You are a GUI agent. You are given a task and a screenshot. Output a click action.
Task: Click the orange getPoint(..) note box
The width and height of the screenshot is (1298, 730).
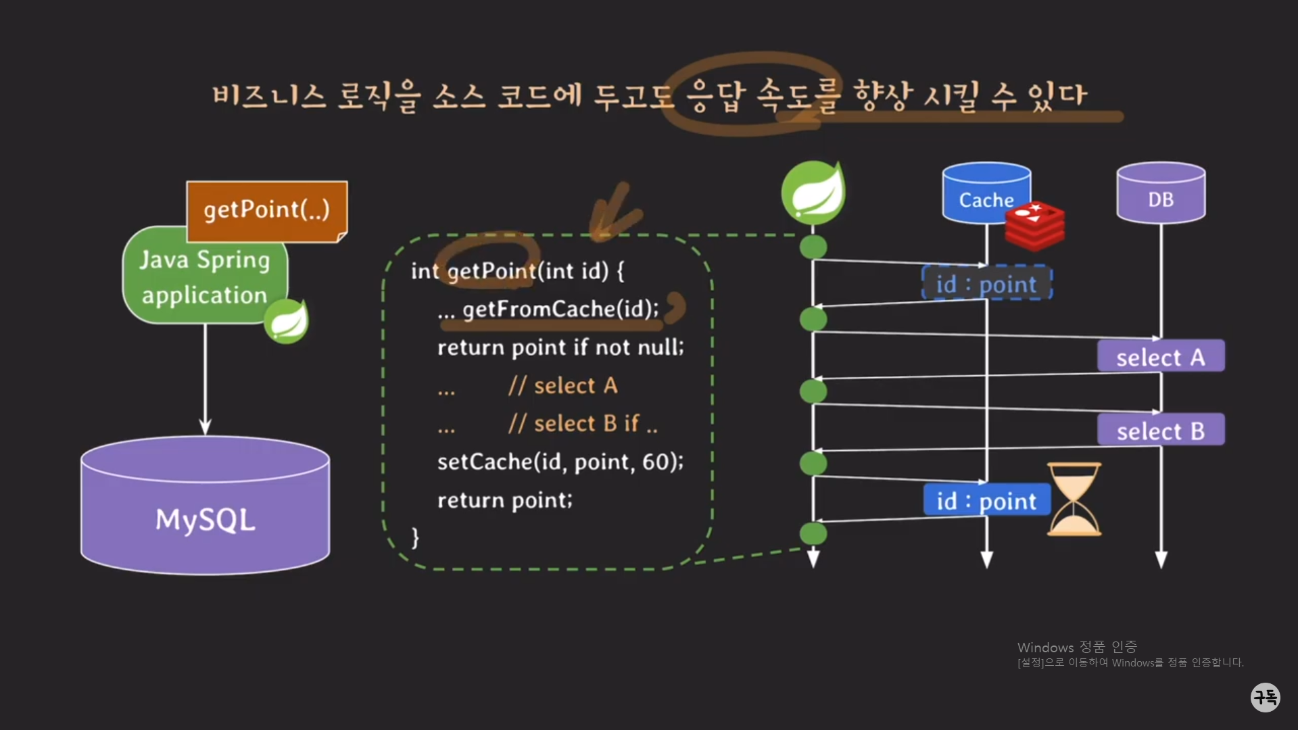click(266, 210)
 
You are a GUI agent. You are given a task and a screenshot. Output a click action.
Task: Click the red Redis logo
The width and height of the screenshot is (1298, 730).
click(1034, 225)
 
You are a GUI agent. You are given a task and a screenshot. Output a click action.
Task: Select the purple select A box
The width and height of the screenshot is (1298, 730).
click(1160, 357)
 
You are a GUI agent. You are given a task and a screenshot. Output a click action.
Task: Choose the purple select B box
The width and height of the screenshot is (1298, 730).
click(1160, 431)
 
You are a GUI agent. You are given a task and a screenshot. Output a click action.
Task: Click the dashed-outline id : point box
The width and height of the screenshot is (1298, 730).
click(986, 283)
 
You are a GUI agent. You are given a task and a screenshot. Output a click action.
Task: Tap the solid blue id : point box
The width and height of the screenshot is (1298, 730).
click(986, 501)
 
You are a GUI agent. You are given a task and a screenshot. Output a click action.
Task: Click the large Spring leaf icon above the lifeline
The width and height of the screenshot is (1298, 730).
click(813, 193)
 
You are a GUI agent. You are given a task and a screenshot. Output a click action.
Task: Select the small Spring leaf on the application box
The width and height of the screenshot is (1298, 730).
click(287, 321)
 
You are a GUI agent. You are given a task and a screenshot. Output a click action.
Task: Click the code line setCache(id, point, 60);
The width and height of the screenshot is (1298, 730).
click(560, 462)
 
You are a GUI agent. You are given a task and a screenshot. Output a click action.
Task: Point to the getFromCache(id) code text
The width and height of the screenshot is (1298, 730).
click(560, 310)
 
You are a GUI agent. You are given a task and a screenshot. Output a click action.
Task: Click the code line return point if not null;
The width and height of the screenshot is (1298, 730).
click(560, 348)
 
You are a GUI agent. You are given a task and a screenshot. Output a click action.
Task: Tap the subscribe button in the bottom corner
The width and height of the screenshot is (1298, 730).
click(1265, 697)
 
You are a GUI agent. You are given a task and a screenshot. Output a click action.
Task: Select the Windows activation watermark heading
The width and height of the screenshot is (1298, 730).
click(1077, 648)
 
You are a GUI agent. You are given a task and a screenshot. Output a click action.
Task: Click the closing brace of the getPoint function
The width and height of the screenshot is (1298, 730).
click(415, 538)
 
